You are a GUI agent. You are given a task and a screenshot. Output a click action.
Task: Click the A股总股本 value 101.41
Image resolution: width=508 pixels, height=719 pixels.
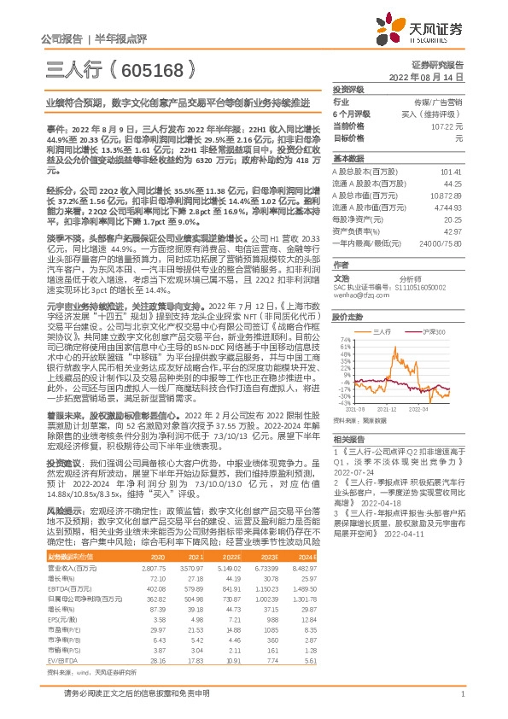pyautogui.click(x=451, y=172)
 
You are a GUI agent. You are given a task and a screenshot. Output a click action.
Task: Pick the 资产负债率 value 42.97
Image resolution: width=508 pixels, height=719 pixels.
pyautogui.click(x=453, y=231)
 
